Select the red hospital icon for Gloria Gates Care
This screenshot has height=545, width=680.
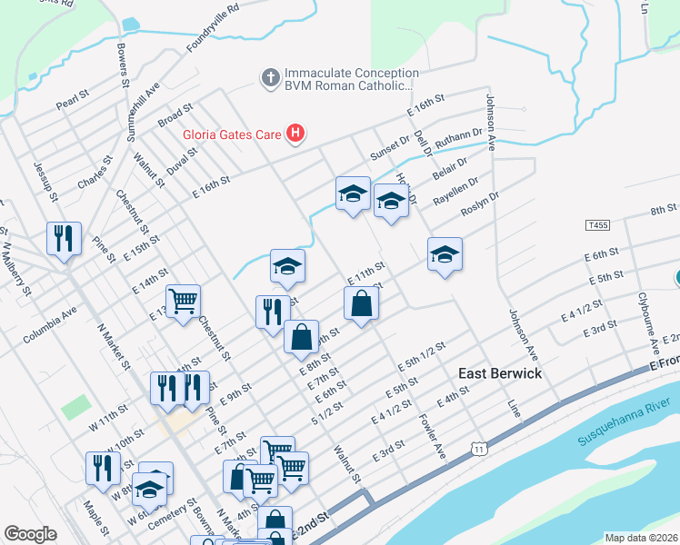(x=295, y=134)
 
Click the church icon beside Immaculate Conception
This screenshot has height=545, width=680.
(x=270, y=78)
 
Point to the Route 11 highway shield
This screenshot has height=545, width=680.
(x=478, y=448)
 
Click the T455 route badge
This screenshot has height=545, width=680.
(x=597, y=223)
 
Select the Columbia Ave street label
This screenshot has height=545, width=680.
(x=50, y=324)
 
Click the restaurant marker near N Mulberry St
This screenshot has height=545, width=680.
(x=64, y=239)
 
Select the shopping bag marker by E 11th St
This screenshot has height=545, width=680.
(x=361, y=303)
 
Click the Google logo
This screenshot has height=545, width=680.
(x=30, y=534)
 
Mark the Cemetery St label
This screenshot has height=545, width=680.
(x=172, y=515)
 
